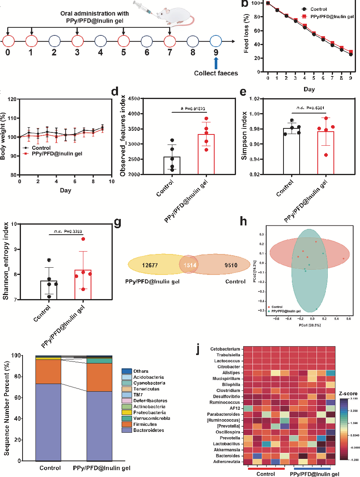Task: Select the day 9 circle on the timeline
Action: pos(216,41)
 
